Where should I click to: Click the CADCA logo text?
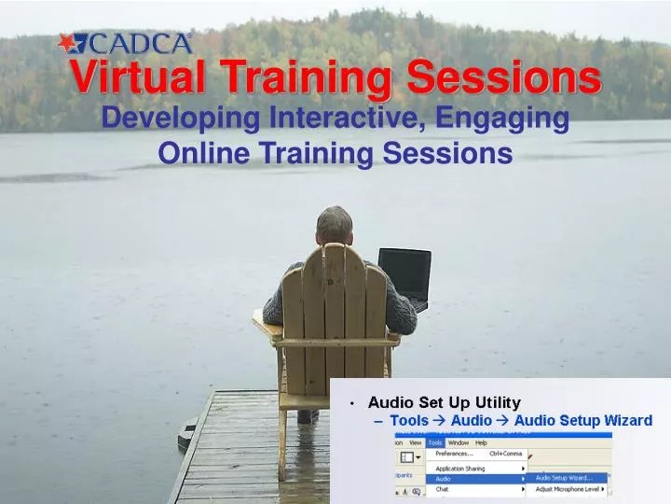140,43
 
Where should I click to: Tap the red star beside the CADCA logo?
70,43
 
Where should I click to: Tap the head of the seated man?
334,225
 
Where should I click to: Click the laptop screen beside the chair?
404,275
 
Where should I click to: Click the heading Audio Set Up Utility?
444,403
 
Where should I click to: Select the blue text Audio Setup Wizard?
582,420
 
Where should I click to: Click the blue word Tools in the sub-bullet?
409,420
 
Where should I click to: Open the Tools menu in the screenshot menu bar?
435,442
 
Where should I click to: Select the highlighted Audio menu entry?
444,479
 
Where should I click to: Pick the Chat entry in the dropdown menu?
443,489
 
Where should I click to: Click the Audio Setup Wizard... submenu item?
564,479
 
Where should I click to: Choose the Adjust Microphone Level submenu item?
568,489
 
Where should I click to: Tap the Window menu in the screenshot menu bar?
458,442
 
